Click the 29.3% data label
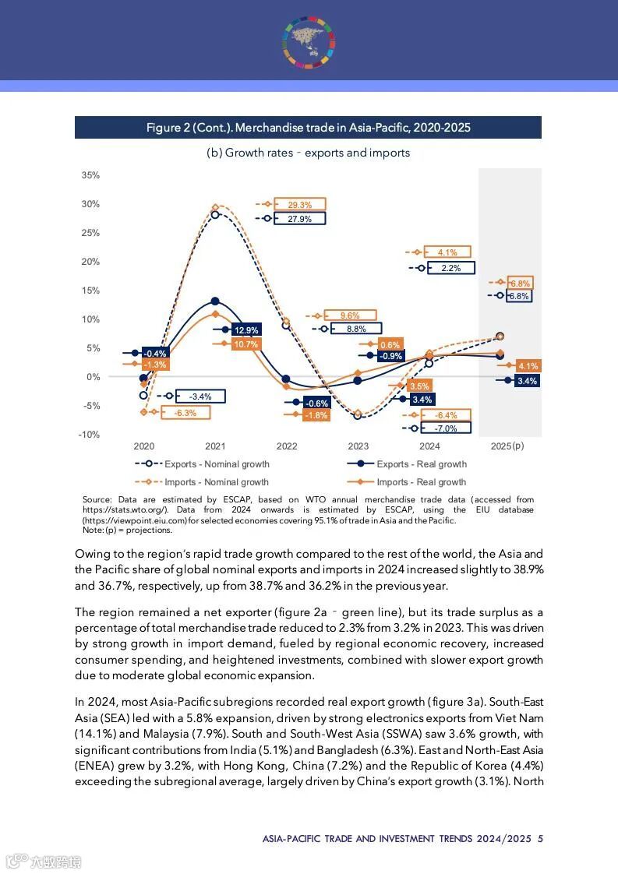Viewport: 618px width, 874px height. [299, 205]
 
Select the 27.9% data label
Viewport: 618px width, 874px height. [299, 219]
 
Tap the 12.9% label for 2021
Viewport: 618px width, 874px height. [246, 330]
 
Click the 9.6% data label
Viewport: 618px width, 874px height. [350, 315]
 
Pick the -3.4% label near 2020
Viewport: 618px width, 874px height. [200, 396]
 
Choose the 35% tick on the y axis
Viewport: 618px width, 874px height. [90, 175]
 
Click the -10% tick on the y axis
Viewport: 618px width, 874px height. [89, 435]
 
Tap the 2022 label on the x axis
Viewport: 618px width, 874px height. [287, 446]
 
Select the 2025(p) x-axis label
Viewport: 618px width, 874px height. [507, 446]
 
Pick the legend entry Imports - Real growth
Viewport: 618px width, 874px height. [421, 482]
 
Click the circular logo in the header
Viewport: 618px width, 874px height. [309, 41]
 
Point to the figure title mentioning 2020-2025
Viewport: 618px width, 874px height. [309, 128]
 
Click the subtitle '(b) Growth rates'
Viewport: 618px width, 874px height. [308, 153]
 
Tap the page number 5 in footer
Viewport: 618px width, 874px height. [540, 839]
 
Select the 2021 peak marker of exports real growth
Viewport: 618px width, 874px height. [215, 301]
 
